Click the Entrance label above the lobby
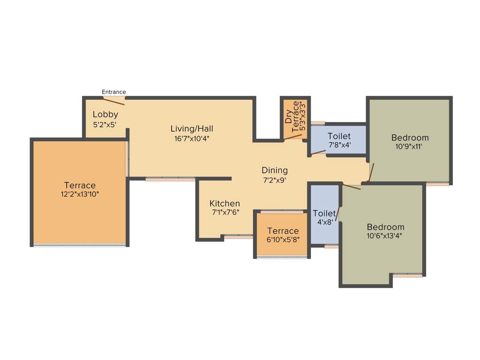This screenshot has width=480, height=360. point(114,92)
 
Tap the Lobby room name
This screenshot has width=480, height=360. point(105,114)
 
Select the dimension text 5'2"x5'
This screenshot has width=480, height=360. point(105,125)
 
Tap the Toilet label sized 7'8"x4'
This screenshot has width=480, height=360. point(339,136)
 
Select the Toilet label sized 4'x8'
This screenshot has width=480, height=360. point(324,213)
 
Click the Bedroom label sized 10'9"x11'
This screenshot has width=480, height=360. point(410,137)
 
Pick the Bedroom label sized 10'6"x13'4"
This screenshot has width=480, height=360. point(385,227)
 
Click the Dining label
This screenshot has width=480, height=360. point(275,170)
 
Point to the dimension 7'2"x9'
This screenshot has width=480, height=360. point(275,180)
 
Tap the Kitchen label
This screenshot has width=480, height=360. point(225,203)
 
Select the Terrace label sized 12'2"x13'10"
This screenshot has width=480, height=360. point(80,185)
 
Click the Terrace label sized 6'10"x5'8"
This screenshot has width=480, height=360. point(283,231)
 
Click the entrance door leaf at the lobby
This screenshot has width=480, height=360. point(114,101)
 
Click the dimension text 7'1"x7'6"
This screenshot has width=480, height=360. point(225,213)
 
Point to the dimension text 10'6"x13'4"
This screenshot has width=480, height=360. point(385,236)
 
